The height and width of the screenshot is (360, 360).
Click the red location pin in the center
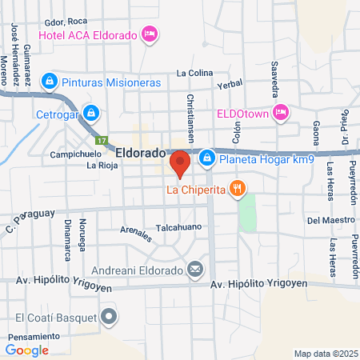pos(180,162)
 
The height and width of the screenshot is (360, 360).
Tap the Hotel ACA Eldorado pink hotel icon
pos(148,34)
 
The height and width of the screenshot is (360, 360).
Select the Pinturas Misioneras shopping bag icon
pos(50,82)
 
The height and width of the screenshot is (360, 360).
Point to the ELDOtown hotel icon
pos(281,113)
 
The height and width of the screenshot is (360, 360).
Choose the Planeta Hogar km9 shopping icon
pos(206,158)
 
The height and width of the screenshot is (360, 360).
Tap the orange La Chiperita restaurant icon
pos(236,190)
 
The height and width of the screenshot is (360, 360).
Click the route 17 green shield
pos(102,140)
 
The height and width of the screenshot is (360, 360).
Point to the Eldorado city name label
pos(140,151)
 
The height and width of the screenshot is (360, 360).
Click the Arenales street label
pos(136,234)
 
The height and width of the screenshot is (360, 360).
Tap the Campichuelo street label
pos(75,154)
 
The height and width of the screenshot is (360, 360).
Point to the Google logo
pos(27,350)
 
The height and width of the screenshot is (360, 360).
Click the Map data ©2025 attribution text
pos(325,354)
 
